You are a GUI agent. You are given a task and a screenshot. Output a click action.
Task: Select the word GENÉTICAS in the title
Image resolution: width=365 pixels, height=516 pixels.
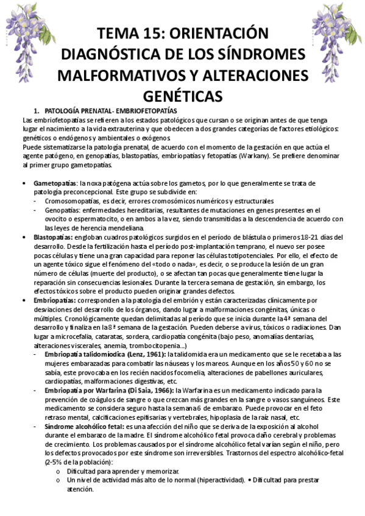pyautogui.click(x=183, y=97)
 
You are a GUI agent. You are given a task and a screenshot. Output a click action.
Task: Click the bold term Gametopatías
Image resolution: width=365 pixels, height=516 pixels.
pyautogui.click(x=55, y=183)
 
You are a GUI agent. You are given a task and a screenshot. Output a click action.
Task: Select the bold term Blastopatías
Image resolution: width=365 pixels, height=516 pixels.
pyautogui.click(x=55, y=237)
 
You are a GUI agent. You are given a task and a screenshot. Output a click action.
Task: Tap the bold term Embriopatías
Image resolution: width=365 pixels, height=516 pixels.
pyautogui.click(x=55, y=300)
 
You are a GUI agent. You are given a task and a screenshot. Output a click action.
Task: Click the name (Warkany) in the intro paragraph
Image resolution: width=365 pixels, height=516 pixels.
pyautogui.click(x=259, y=156)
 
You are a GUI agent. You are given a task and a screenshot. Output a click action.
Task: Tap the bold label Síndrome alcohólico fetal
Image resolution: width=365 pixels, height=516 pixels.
pyautogui.click(x=90, y=427)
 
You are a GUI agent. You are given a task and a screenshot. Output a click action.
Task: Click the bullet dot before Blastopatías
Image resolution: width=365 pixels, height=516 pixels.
pyautogui.click(x=24, y=237)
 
